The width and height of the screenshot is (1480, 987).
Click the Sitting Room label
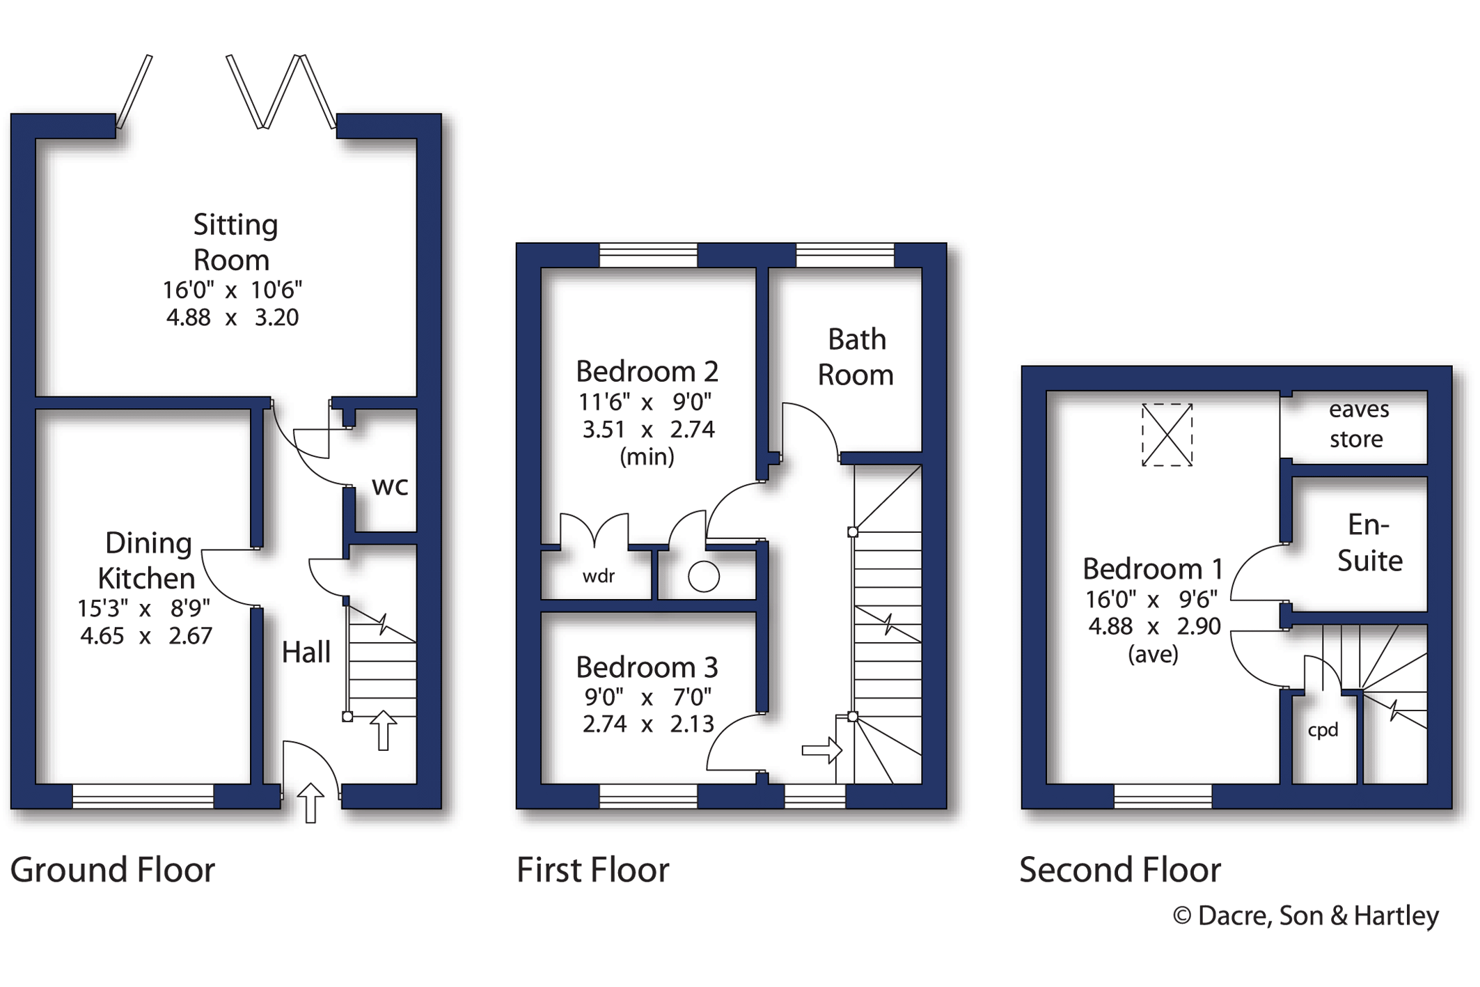pos(235,242)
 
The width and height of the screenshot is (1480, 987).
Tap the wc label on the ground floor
pos(390,486)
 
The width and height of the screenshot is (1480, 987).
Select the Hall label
pos(306,653)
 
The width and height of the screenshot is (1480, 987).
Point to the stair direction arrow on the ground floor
pos(382,730)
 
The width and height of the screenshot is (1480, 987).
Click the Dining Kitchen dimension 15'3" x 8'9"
pos(144,608)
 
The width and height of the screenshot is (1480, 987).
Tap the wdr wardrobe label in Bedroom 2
pos(599,576)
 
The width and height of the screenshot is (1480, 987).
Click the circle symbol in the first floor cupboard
pos(704,577)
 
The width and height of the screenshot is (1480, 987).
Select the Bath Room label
pos(856,357)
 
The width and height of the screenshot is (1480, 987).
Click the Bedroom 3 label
pos(647,667)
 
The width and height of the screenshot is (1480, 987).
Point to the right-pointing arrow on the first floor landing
pos(822,751)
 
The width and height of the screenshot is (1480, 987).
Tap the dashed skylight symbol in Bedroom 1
pos(1167,435)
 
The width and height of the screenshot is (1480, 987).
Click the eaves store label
pos(1357,423)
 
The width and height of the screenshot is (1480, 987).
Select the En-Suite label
pos(1369,543)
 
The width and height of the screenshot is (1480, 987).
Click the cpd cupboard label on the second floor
pos(1323,730)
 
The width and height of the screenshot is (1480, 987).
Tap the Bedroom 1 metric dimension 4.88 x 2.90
pos(1154,626)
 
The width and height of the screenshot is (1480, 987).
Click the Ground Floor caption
pos(113,870)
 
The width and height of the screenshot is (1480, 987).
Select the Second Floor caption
pos(1120,870)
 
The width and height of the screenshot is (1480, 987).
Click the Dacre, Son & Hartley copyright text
pos(1306,915)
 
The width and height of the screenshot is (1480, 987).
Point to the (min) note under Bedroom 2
pos(647,457)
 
